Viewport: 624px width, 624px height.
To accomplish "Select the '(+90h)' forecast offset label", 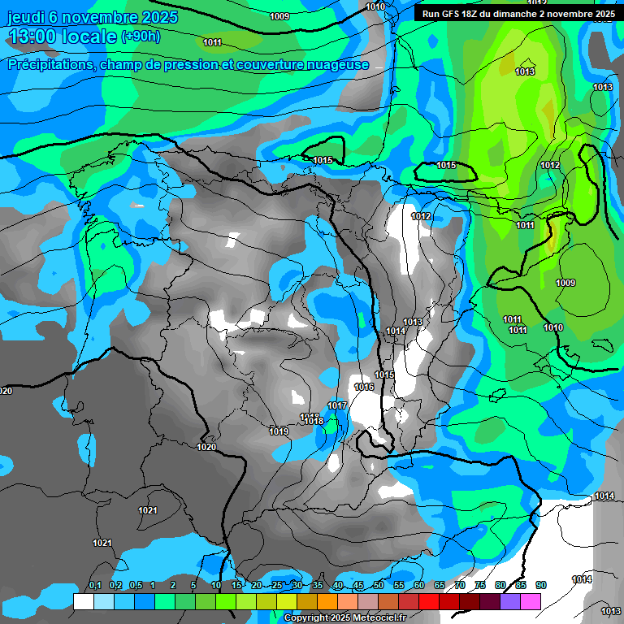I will click(x=141, y=37).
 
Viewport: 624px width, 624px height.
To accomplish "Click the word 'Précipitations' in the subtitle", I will click(x=50, y=64).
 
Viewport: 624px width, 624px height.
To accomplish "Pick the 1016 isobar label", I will click(x=364, y=388).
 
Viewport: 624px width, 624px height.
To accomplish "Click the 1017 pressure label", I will click(x=337, y=405).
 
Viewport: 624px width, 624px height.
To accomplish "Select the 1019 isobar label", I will click(x=279, y=431).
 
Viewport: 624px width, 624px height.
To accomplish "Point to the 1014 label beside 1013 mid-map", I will click(x=396, y=331).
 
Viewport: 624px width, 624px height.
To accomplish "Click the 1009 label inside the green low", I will click(x=565, y=283).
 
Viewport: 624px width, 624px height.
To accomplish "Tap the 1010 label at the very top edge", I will click(x=375, y=6).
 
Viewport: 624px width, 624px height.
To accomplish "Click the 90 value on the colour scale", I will click(x=541, y=586).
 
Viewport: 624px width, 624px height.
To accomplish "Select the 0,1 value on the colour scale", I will click(x=95, y=586).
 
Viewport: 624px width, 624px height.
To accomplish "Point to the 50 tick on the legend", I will click(x=379, y=586).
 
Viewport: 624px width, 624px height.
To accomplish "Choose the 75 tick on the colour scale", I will click(x=480, y=586).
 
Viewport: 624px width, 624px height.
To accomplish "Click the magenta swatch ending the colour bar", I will click(x=531, y=601).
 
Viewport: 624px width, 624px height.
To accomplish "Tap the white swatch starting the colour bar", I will click(x=83, y=601).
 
